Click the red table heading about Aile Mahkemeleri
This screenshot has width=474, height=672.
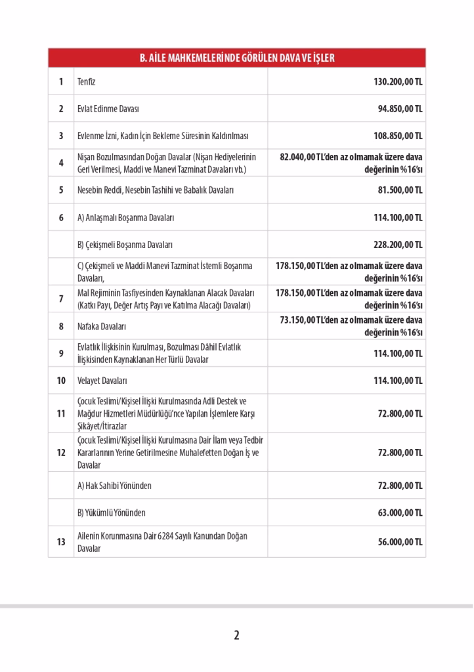pos(236,58)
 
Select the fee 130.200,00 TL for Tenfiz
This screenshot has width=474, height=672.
pos(398,82)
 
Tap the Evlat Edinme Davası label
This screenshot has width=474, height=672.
pos(108,109)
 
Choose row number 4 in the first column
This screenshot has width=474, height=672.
pos(61,163)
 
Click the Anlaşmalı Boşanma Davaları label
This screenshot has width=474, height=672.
pos(126,217)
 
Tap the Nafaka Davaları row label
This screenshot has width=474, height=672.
pos(102,325)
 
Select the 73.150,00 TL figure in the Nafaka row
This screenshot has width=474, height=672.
pos(298,320)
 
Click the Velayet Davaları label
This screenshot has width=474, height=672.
pos(102,380)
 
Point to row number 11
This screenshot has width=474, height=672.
pos(61,413)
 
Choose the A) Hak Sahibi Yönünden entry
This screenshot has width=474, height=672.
pos(114,486)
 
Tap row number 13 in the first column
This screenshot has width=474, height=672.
pos(61,542)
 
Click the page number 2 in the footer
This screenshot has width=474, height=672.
pos(236,635)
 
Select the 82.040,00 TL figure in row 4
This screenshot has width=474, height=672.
pos(299,157)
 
